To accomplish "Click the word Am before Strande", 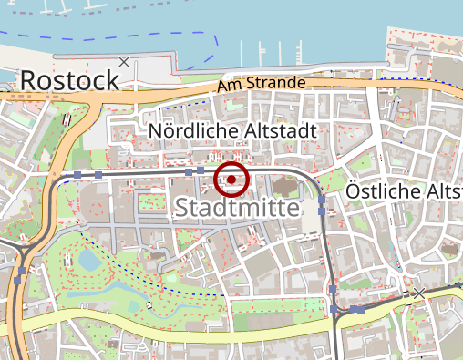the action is point(230,87).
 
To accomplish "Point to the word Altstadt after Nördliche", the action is point(283,132).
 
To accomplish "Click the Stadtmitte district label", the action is point(236,208).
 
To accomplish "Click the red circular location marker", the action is point(231,180).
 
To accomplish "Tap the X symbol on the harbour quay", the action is point(124,62).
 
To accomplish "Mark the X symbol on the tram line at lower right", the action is point(418,293).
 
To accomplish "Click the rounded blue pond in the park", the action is point(89,260).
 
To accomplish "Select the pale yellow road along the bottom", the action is point(182,324).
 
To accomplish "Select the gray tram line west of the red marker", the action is point(137,171).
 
